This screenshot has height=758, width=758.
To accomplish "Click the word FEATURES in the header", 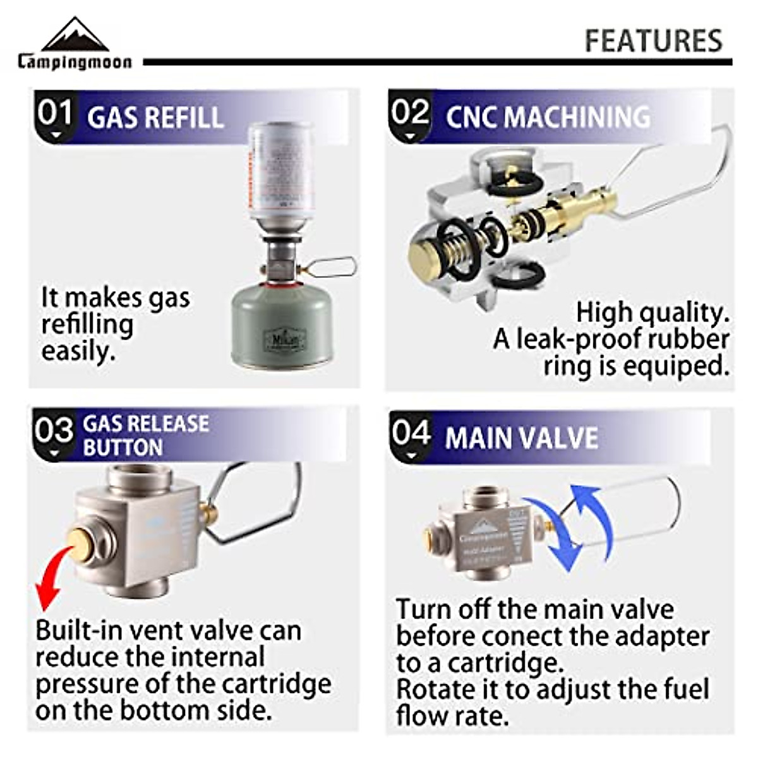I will [653, 41].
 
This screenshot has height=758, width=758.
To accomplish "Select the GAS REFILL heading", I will [155, 118].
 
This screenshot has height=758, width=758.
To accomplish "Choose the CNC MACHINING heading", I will [548, 117].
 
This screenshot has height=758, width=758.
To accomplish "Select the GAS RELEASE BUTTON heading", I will [146, 435].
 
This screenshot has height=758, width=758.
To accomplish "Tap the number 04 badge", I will [410, 435].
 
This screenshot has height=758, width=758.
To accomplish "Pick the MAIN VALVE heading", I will [521, 438].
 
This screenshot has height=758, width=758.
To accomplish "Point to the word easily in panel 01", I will [78, 351].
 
